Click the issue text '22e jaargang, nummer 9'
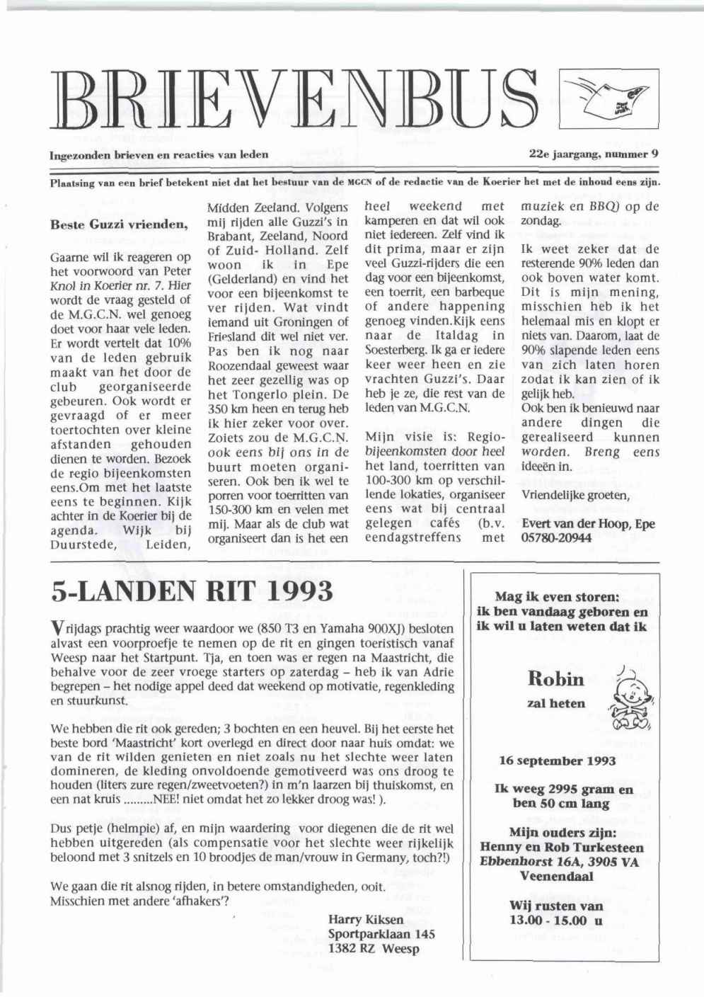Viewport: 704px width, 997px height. [x=594, y=153]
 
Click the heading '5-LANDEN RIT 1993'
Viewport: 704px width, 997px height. [x=192, y=591]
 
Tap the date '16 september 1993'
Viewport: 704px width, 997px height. [x=558, y=761]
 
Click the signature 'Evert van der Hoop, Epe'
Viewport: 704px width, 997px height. [x=588, y=524]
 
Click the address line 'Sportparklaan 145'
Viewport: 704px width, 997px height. [x=381, y=934]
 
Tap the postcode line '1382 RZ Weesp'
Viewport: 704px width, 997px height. [x=374, y=949]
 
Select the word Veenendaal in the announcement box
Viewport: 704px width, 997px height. [x=557, y=876]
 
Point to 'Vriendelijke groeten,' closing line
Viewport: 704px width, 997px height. [x=575, y=495]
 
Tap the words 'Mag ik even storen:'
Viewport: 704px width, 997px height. [x=558, y=596]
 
